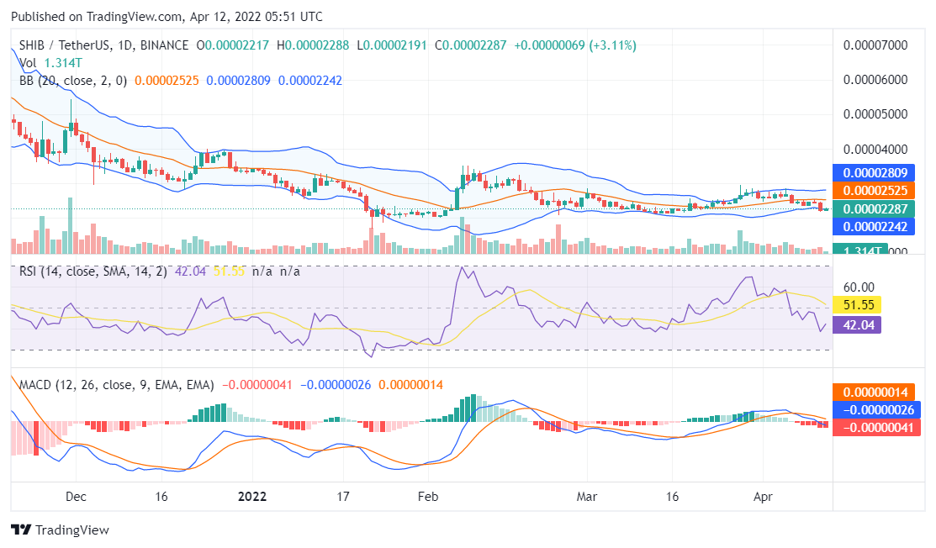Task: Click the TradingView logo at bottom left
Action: pos(60,530)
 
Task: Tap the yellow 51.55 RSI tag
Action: pos(856,305)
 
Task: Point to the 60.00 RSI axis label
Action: pos(859,287)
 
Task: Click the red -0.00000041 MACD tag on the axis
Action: pos(875,428)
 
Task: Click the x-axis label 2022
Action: pos(251,497)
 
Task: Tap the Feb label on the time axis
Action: pos(428,497)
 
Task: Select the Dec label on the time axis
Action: pos(76,497)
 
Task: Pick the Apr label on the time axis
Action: pos(763,497)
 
